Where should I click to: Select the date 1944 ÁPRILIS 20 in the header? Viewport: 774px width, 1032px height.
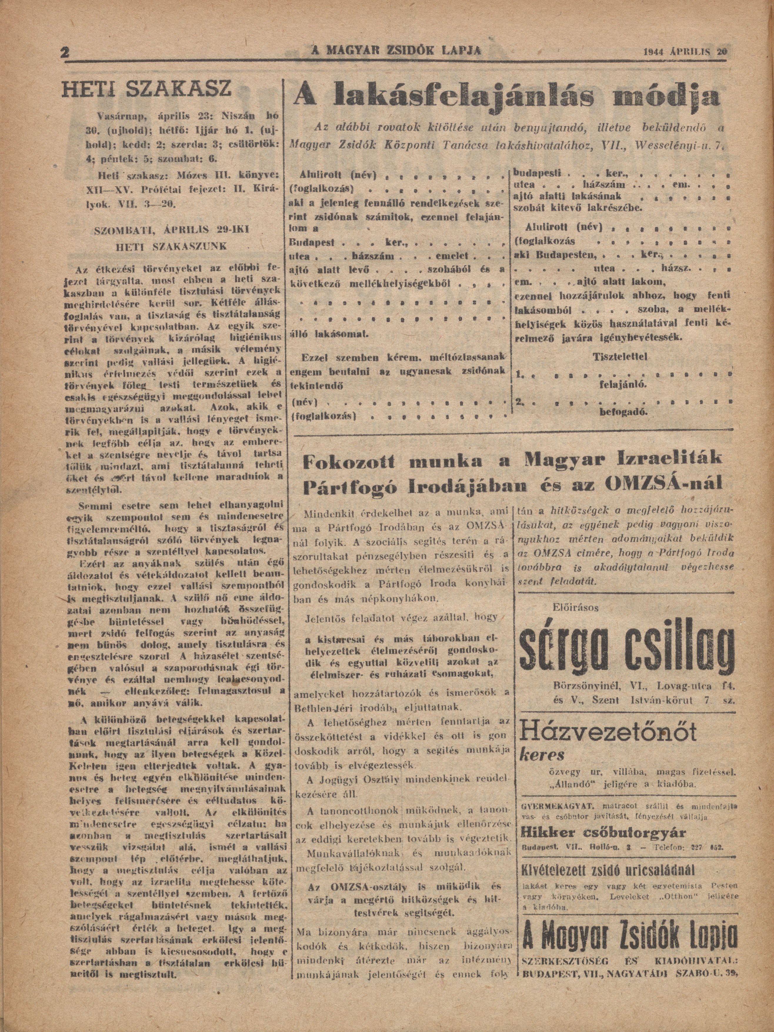pos(685,52)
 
